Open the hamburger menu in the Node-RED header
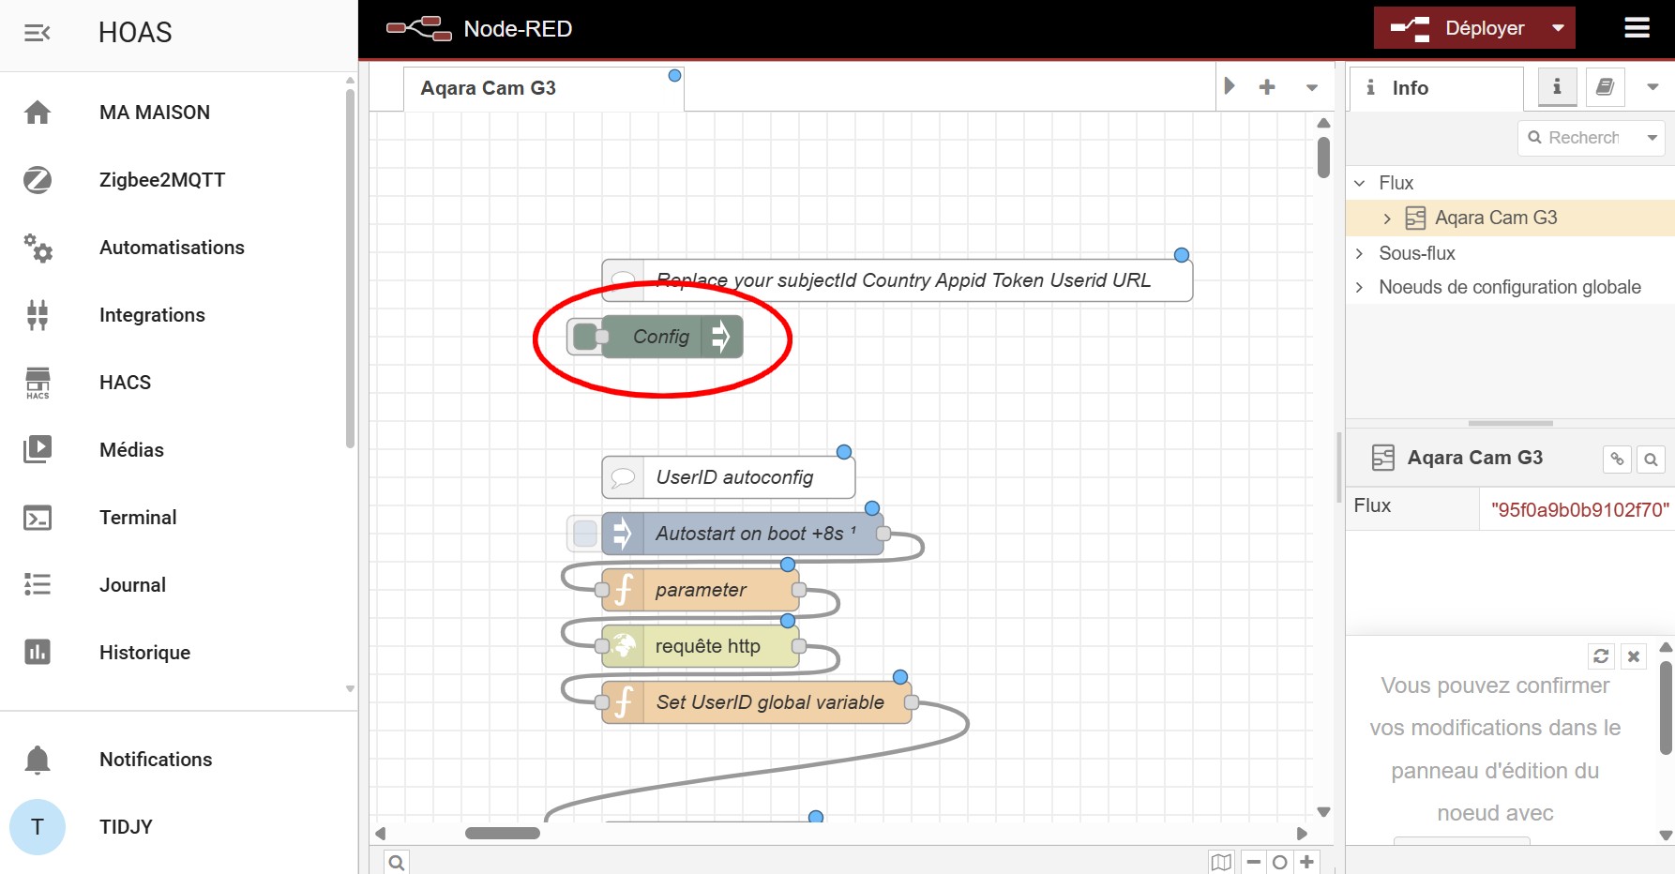click(1637, 28)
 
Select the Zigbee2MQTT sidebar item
click(162, 180)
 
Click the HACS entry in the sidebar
click(125, 383)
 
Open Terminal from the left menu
click(138, 518)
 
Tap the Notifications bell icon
click(38, 760)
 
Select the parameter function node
click(700, 590)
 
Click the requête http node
click(700, 646)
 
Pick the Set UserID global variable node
click(756, 702)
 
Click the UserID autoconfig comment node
click(728, 477)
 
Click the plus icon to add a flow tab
click(1267, 87)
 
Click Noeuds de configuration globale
click(1510, 287)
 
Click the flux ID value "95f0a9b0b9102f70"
click(1579, 509)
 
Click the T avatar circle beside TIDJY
click(38, 827)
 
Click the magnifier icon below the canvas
click(397, 863)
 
